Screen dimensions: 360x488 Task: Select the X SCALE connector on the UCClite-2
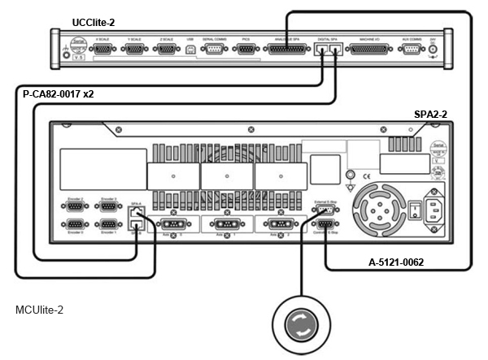click(103, 50)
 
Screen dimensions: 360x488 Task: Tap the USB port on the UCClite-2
click(190, 50)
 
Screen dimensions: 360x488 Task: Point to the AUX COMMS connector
click(411, 50)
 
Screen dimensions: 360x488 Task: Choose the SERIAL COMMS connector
click(214, 50)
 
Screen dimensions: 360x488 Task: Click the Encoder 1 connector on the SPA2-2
click(106, 225)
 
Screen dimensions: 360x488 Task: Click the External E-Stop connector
click(324, 210)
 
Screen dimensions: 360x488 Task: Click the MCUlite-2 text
click(40, 310)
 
